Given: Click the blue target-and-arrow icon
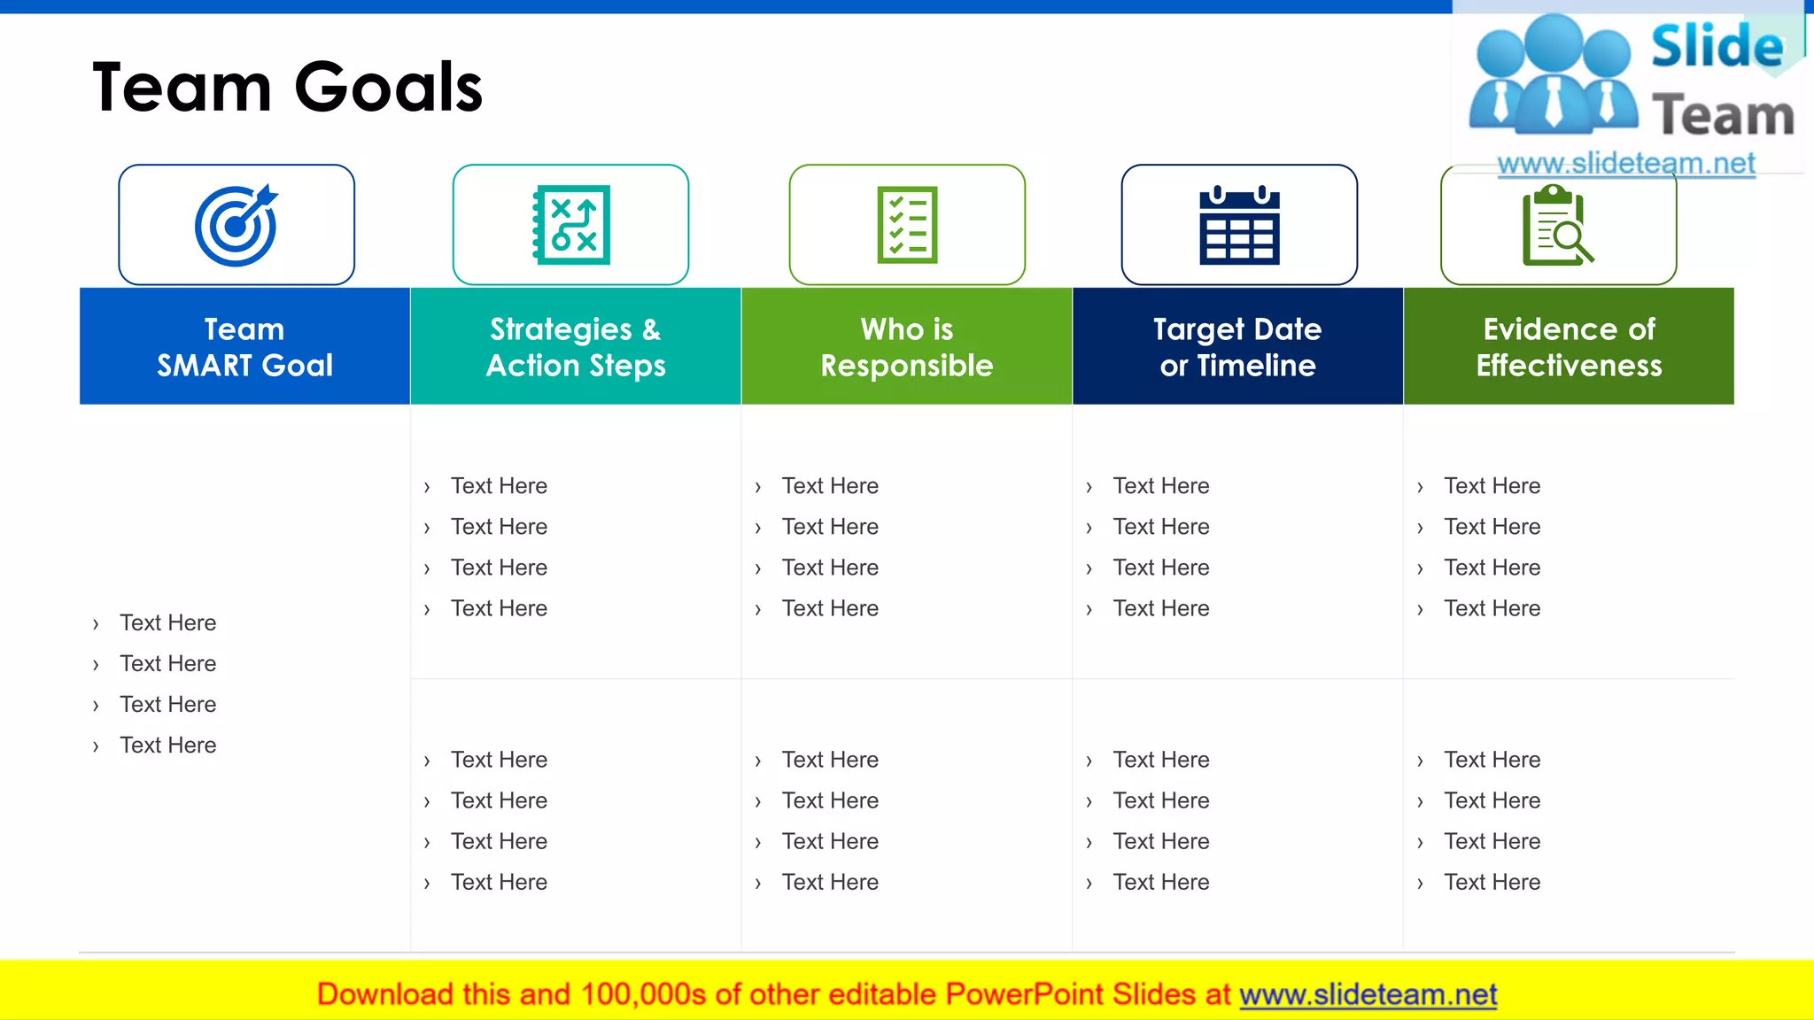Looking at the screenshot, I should tap(236, 226).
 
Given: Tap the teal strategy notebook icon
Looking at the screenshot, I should tap(571, 225).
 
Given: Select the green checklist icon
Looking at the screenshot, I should tap(907, 225).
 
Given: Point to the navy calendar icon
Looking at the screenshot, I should tap(1239, 226).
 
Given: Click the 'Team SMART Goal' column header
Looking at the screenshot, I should tap(244, 346).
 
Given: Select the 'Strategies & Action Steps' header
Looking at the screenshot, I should tap(576, 346).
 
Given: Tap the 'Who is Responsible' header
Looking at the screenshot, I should tap(907, 346).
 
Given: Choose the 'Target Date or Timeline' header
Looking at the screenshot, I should tap(1237, 346).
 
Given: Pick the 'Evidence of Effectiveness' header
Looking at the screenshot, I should tap(1569, 346).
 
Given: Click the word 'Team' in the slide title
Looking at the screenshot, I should tap(182, 87).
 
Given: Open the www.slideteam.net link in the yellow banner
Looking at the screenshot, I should tap(1368, 994).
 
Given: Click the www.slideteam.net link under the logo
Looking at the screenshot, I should tap(1626, 163).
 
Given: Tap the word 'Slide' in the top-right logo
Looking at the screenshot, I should tap(1717, 46).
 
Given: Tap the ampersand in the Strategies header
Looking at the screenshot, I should tap(651, 329).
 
